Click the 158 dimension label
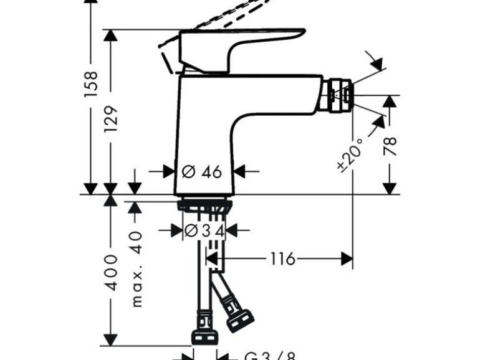pos(91,84)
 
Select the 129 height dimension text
pos(110,119)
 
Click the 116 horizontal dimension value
pos(282,258)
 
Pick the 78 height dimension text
pos(390,146)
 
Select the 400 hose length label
pos(111,272)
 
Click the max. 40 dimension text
pos(137,268)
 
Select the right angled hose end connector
pos(238,315)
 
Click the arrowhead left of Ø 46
pos(169,171)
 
